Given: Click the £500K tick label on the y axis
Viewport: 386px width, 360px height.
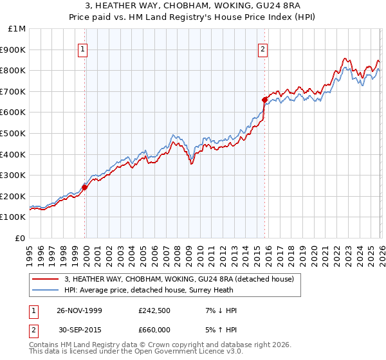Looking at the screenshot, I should (13, 133).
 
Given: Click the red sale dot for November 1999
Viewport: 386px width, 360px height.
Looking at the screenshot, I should (84, 187).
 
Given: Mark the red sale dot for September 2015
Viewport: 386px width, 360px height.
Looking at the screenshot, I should (264, 100).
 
